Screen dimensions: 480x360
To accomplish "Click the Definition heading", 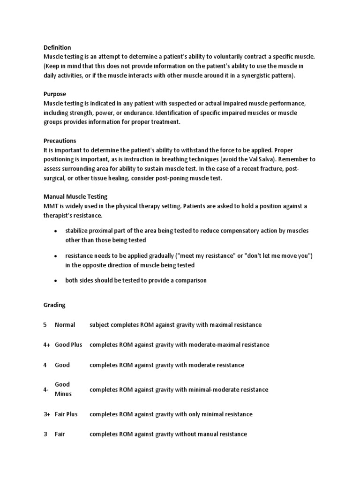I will coord(57,47).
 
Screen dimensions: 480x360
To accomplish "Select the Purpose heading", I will coord(55,94).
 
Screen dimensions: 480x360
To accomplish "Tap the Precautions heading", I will coord(60,141).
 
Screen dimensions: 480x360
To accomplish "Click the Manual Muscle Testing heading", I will coord(75,197).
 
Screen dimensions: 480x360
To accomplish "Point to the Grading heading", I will coord(54,305).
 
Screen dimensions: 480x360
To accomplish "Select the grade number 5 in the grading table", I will coord(45,325).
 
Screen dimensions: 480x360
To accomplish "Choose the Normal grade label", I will coord(65,325).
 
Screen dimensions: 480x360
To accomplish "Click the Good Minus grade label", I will coord(63,389).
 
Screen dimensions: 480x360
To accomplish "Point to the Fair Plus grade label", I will coord(66,414).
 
